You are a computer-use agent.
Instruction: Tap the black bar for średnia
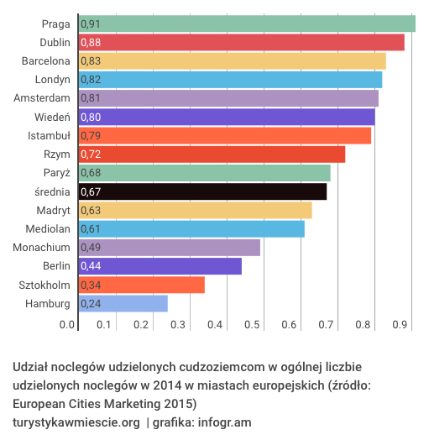202,191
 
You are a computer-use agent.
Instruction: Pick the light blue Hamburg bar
123,303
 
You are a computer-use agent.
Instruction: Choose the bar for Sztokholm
141,285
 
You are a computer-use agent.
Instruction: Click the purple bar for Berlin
160,266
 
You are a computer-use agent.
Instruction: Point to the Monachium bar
169,248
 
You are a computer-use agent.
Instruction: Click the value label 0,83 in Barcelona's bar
91,61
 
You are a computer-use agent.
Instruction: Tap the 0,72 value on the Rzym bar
91,155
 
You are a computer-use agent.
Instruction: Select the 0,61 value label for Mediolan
91,229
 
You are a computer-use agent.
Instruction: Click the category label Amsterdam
41,98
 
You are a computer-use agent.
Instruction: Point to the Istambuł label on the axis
49,135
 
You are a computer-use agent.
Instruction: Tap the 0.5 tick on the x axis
252,324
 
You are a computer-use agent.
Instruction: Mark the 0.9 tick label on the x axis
400,324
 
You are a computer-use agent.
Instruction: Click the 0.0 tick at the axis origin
67,324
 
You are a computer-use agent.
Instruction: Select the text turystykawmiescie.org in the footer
76,422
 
